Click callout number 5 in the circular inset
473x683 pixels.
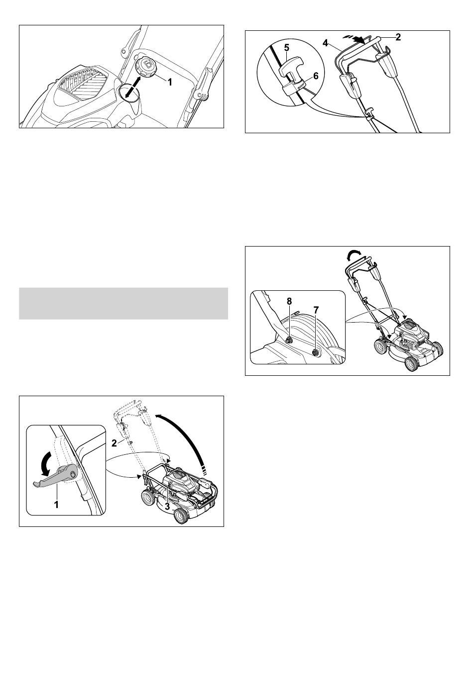pyautogui.click(x=286, y=48)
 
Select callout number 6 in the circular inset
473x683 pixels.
pyautogui.click(x=316, y=76)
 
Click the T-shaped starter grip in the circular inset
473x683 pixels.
pyautogui.click(x=292, y=69)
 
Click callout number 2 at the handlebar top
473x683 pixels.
pyautogui.click(x=398, y=37)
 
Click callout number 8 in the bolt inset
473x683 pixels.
pyautogui.click(x=289, y=301)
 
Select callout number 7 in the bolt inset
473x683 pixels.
pyautogui.click(x=316, y=310)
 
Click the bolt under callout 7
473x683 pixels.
pyautogui.click(x=316, y=353)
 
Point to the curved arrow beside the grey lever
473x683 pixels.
pyautogui.click(x=46, y=463)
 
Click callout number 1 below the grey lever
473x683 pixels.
pyautogui.click(x=56, y=505)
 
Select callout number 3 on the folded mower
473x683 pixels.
pyautogui.click(x=167, y=506)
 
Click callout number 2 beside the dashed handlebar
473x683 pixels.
pyautogui.click(x=114, y=443)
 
